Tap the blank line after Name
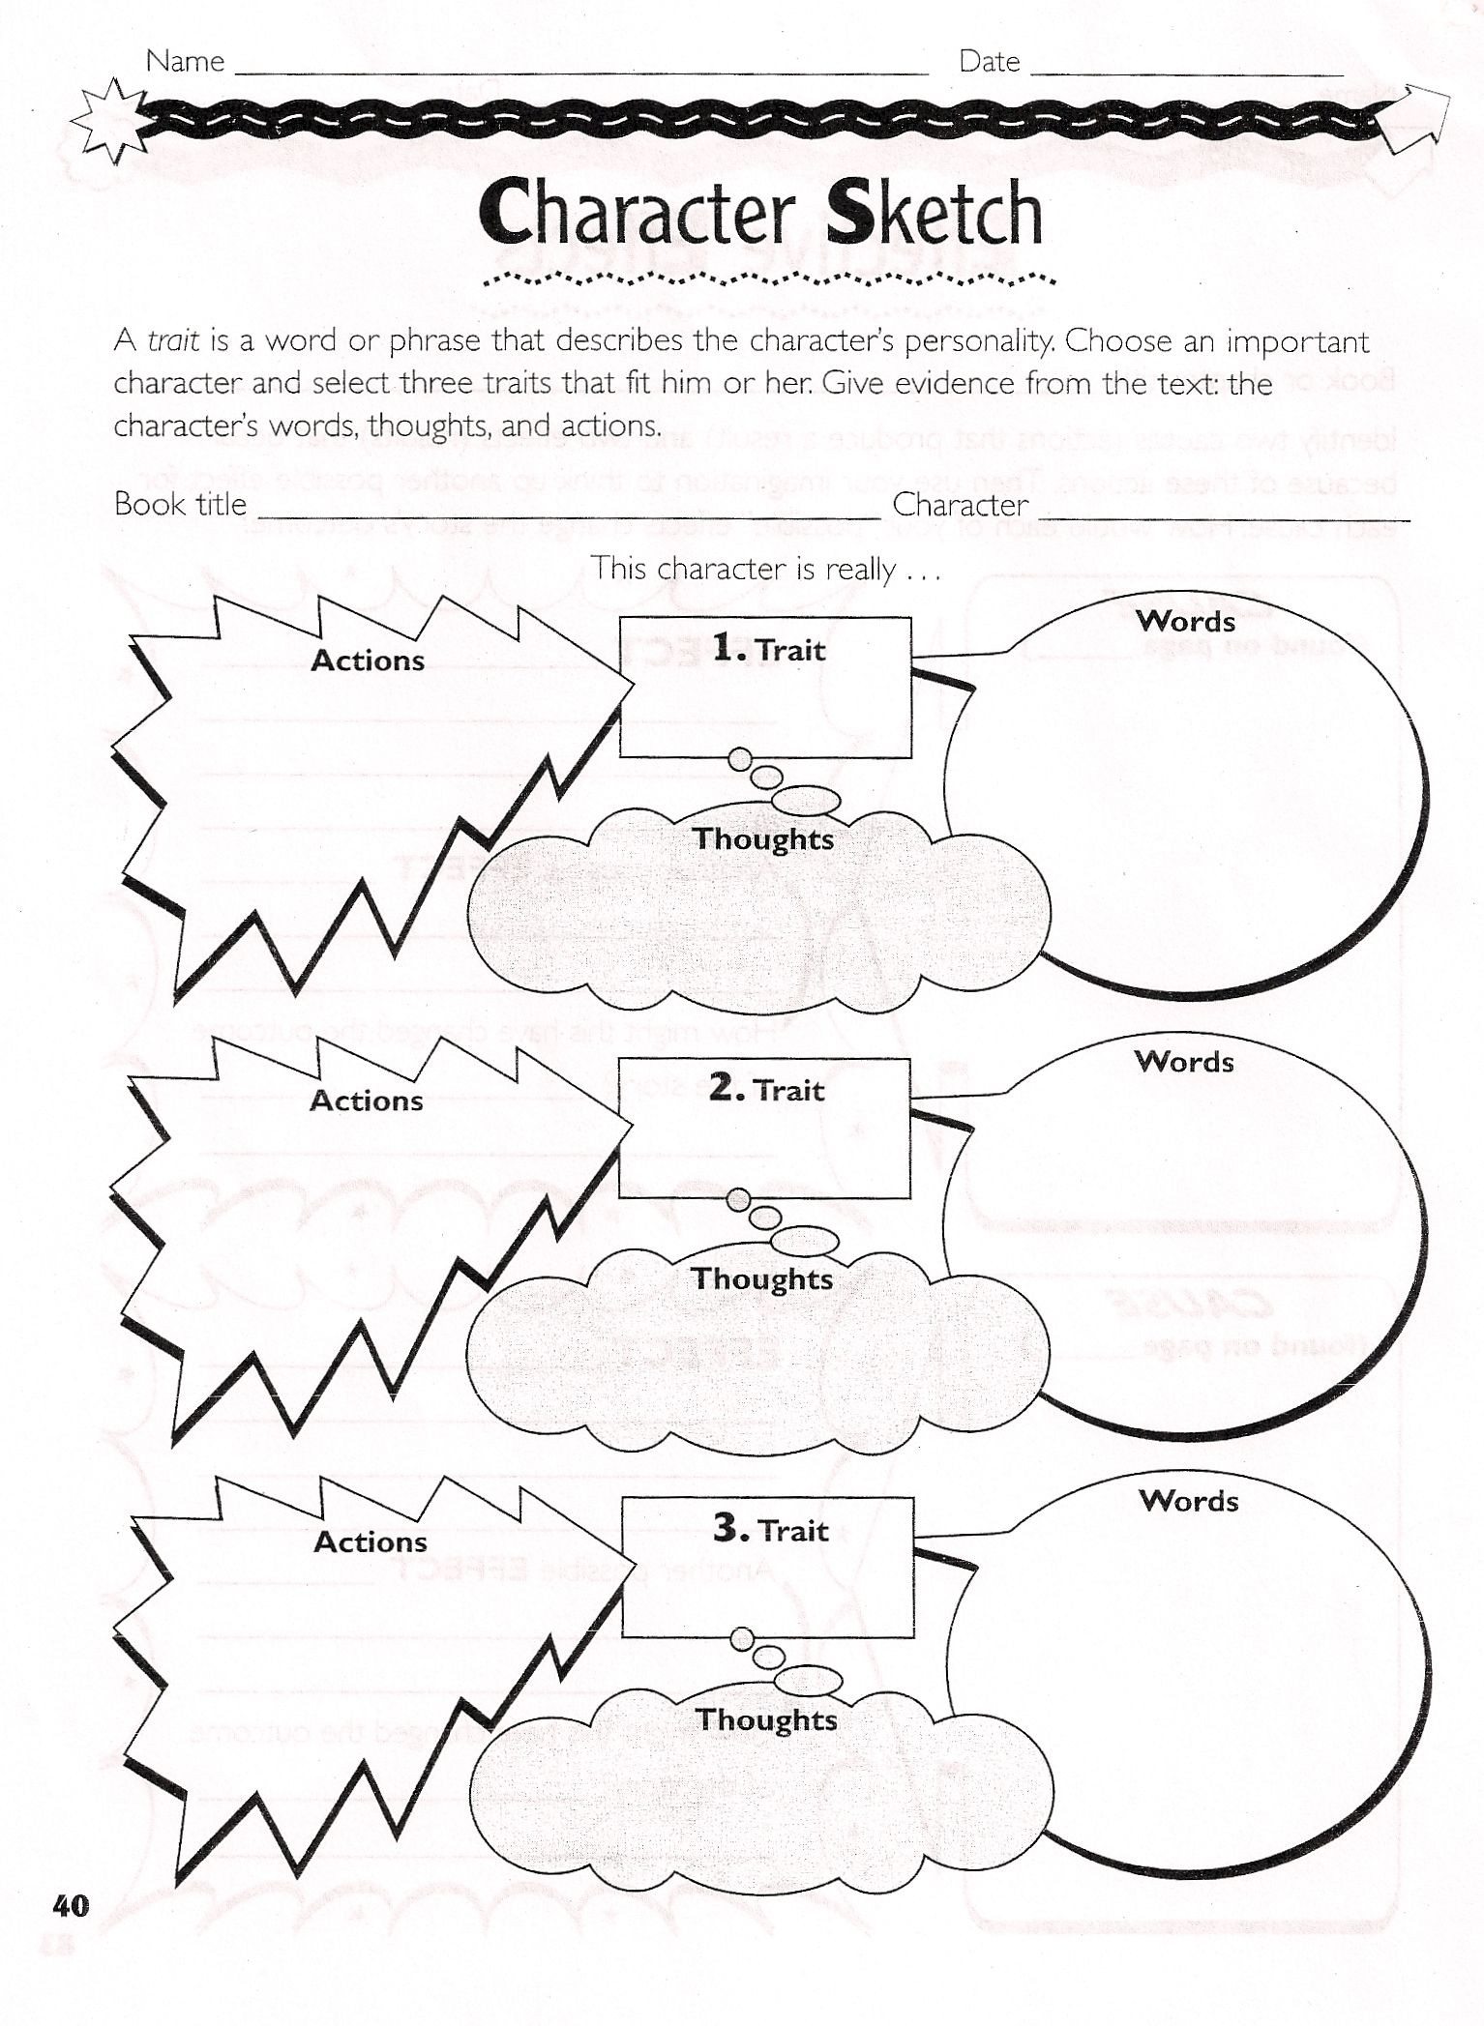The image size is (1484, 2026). click(x=580, y=68)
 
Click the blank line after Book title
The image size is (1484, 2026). click(x=566, y=512)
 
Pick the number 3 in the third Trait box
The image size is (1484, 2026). click(x=730, y=1528)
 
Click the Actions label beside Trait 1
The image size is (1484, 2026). click(x=368, y=661)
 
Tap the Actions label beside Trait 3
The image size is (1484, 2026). click(x=371, y=1542)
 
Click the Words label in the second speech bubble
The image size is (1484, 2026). click(x=1185, y=1062)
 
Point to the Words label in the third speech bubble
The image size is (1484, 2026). click(x=1189, y=1501)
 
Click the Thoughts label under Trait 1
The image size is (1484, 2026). click(x=763, y=838)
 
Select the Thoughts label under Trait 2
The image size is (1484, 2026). click(x=762, y=1278)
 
